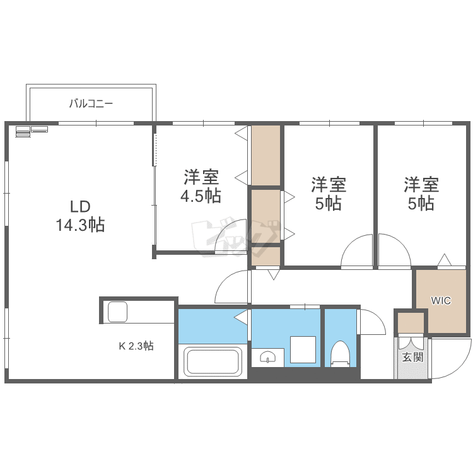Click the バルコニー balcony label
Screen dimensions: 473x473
(x=91, y=103)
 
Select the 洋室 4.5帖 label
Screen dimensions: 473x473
(x=201, y=185)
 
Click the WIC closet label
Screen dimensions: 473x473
(x=441, y=301)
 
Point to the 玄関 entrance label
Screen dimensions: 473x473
(x=412, y=357)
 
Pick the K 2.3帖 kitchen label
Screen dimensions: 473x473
(x=136, y=346)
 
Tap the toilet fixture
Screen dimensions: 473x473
(x=341, y=354)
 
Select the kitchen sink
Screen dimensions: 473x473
(x=117, y=312)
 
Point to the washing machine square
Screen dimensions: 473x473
(x=303, y=350)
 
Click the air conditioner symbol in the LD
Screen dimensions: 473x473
(x=31, y=131)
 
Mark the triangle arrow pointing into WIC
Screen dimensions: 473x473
(x=444, y=260)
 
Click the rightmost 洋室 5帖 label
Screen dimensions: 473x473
(x=421, y=194)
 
